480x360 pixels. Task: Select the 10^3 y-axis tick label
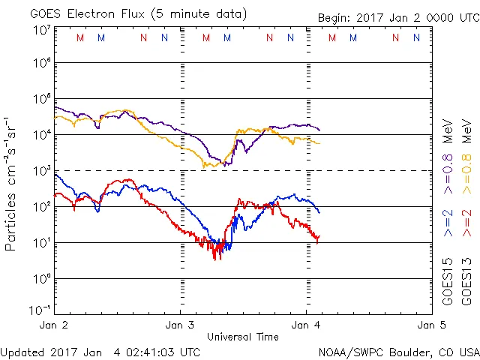point(40,171)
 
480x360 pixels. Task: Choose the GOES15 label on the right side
point(448,280)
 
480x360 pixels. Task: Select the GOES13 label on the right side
point(466,280)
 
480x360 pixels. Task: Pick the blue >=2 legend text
point(448,223)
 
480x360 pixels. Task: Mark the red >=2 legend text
point(466,223)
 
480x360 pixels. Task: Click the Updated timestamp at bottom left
point(100,351)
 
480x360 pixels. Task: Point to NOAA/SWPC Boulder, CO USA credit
point(398,351)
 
